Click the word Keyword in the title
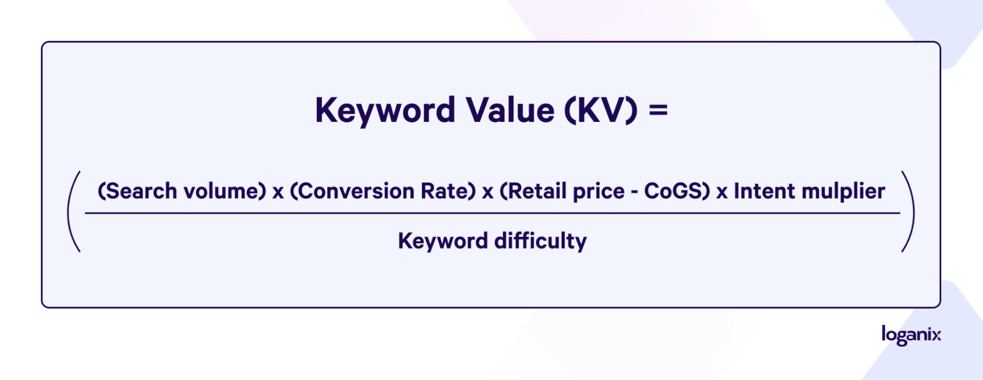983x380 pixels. (385, 111)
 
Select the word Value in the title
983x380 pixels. (510, 110)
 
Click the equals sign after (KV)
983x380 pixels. (658, 111)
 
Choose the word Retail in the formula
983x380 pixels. (534, 191)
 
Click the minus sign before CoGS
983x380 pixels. (634, 192)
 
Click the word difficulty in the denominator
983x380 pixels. (540, 241)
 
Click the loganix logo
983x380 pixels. (911, 335)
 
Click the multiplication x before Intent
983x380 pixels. (722, 193)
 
